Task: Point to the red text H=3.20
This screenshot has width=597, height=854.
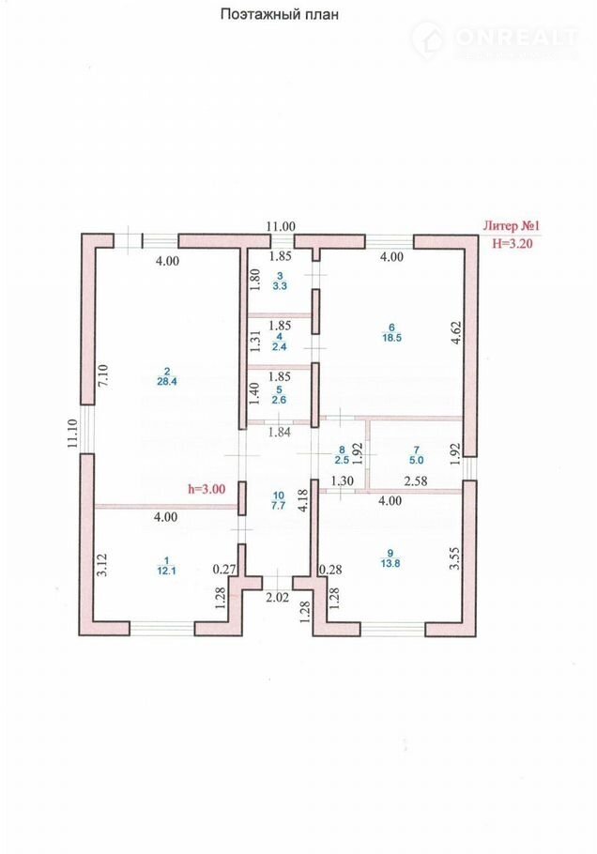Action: [x=513, y=242]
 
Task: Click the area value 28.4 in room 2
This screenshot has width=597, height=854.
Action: [x=166, y=381]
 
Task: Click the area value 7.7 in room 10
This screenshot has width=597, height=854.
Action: [x=277, y=505]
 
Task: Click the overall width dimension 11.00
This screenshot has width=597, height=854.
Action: [x=280, y=226]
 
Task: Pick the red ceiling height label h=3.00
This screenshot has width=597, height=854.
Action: [x=207, y=489]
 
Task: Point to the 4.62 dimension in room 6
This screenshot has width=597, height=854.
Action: [x=456, y=334]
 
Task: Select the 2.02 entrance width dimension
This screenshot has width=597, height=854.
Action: [x=277, y=596]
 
